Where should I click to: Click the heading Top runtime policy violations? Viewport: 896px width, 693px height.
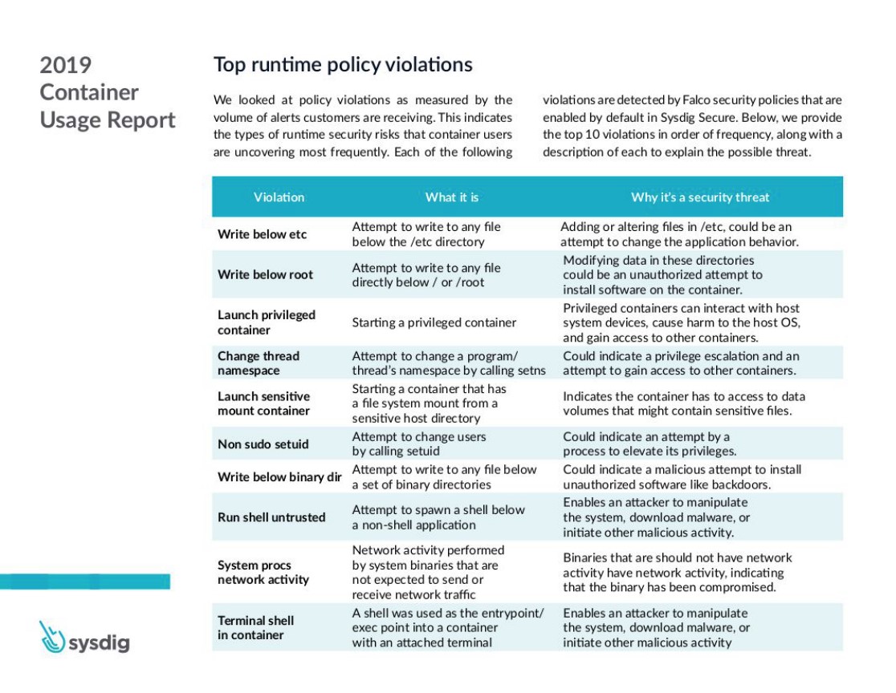tap(343, 64)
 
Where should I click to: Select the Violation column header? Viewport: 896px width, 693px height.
tap(279, 197)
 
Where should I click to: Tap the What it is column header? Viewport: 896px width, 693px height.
tap(452, 197)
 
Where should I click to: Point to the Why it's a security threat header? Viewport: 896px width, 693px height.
tap(699, 197)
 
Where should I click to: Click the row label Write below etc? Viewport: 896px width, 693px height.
tap(262, 234)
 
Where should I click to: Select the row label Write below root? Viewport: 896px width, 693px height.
tap(265, 274)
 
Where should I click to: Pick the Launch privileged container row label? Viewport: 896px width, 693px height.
tap(267, 322)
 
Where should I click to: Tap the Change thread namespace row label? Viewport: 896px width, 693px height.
tap(259, 363)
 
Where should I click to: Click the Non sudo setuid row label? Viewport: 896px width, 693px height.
tap(263, 444)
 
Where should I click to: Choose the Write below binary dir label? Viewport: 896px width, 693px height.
tap(279, 477)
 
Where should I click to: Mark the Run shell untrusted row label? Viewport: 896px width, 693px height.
tap(271, 517)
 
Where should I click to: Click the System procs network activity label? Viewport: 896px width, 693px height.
tap(263, 573)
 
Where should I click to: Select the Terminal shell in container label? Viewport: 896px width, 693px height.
tap(255, 628)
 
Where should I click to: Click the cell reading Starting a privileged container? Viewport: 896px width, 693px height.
tap(434, 322)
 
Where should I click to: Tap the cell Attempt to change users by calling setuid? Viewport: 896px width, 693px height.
tap(418, 444)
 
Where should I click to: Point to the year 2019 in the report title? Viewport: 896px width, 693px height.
tap(66, 65)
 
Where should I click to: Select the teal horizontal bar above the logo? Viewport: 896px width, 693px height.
tap(84, 582)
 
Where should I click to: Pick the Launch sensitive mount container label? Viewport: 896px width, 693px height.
tap(263, 403)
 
